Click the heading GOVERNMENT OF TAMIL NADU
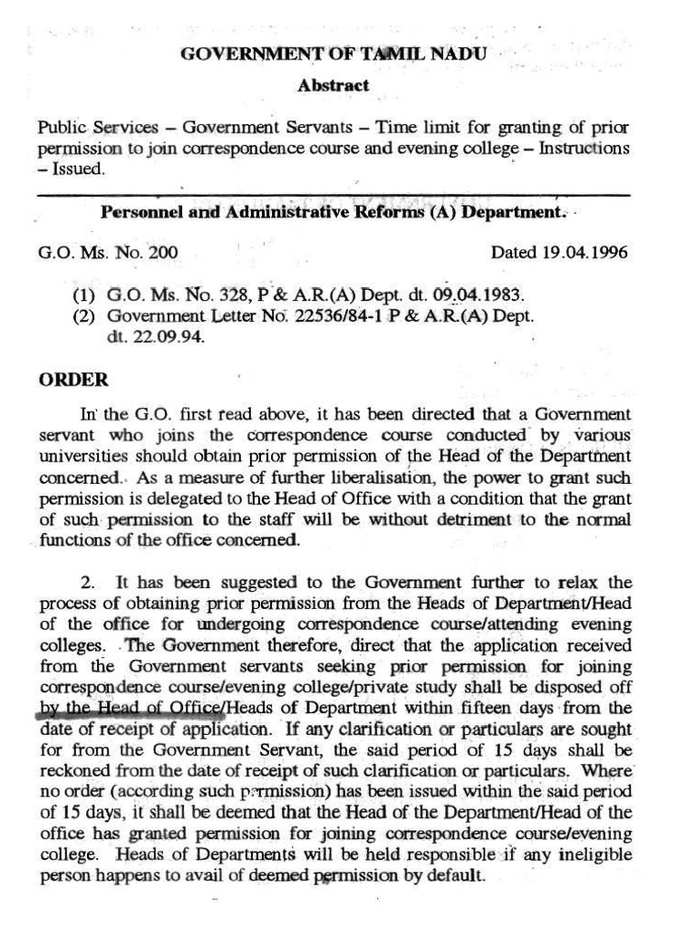(x=334, y=53)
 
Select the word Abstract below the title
(x=334, y=85)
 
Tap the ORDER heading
(x=73, y=380)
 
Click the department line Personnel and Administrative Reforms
(x=334, y=212)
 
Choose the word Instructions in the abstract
(x=584, y=148)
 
